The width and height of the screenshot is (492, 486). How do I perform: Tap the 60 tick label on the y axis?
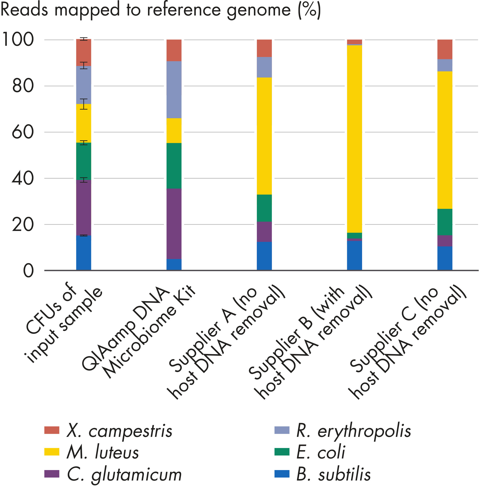click(23, 132)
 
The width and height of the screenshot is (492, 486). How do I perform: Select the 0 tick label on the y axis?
click(28, 271)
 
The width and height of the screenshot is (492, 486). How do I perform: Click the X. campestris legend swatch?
click(52, 430)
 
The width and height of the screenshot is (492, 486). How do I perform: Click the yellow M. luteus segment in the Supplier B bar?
click(354, 139)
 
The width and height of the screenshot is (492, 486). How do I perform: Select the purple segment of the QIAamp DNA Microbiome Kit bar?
click(174, 224)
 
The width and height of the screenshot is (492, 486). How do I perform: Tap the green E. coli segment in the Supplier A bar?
click(264, 208)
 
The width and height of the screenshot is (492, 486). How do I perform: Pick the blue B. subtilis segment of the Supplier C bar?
click(445, 258)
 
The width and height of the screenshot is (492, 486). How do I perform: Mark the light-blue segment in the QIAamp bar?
click(174, 89)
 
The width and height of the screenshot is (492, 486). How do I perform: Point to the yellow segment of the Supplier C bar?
click(445, 140)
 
